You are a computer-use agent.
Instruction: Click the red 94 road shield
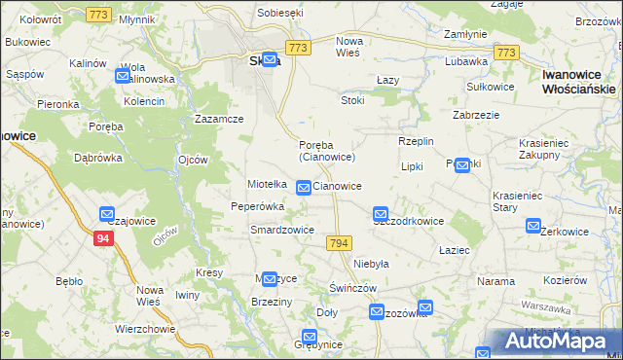pyautogui.click(x=104, y=237)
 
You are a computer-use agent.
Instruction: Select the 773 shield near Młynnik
pyautogui.click(x=96, y=14)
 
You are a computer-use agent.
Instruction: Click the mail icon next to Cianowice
pyautogui.click(x=304, y=187)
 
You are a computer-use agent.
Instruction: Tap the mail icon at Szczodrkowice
pyautogui.click(x=381, y=213)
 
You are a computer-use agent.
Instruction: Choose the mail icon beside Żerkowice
pyautogui.click(x=533, y=226)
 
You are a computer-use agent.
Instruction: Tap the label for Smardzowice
pyautogui.click(x=281, y=230)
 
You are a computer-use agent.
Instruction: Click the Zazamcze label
pyautogui.click(x=218, y=119)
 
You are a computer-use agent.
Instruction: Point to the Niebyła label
pyautogui.click(x=371, y=264)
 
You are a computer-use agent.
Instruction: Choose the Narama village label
pyautogui.click(x=495, y=281)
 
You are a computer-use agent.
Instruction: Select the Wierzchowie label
pyautogui.click(x=144, y=329)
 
